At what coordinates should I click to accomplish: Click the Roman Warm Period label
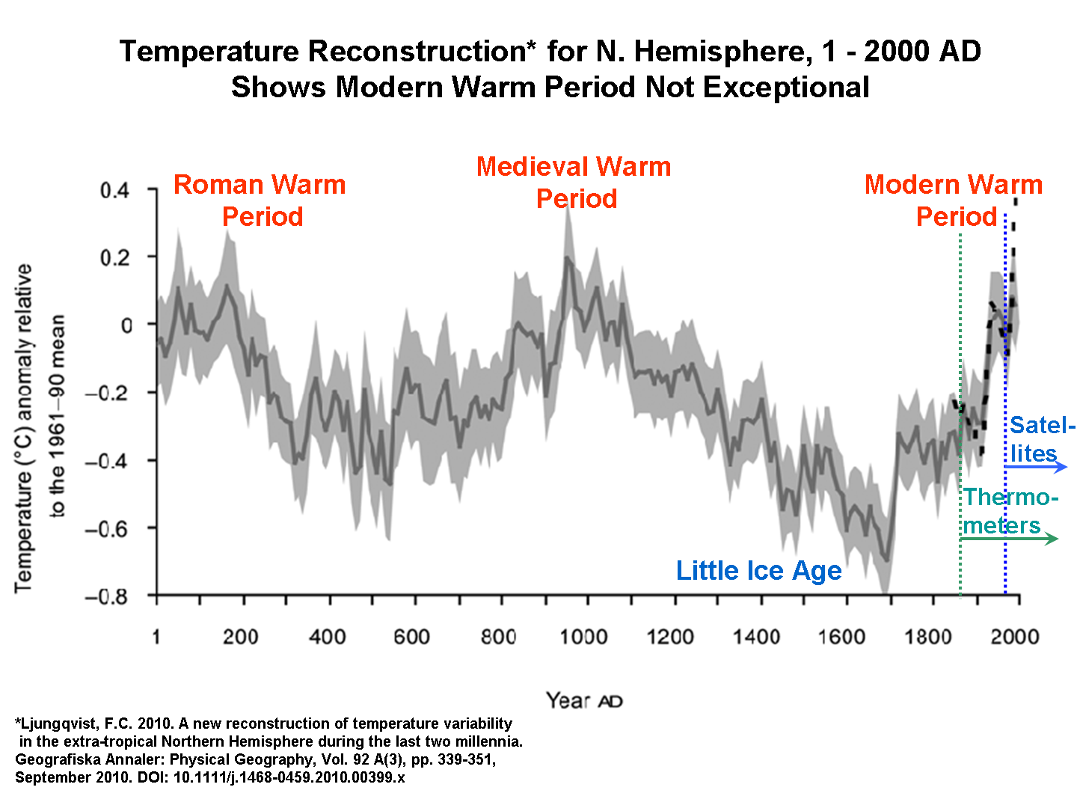coord(260,200)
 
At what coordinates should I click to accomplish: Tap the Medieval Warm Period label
coord(574,182)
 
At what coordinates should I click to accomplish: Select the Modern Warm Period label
coord(954,200)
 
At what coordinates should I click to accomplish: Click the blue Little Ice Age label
coord(758,570)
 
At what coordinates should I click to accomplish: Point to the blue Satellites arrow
coord(1036,467)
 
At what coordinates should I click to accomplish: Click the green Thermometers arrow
coord(1010,539)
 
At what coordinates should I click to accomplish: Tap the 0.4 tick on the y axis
coord(115,190)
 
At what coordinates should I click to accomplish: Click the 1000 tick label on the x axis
coord(583,637)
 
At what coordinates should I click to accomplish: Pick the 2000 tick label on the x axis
coord(1015,637)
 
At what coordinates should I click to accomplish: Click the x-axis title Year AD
coord(583,701)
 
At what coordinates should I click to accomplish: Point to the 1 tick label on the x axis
coord(156,637)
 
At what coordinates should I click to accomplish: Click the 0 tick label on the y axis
coord(126,325)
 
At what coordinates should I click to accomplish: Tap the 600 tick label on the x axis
coord(411,637)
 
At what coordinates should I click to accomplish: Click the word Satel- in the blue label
coord(1042,425)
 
